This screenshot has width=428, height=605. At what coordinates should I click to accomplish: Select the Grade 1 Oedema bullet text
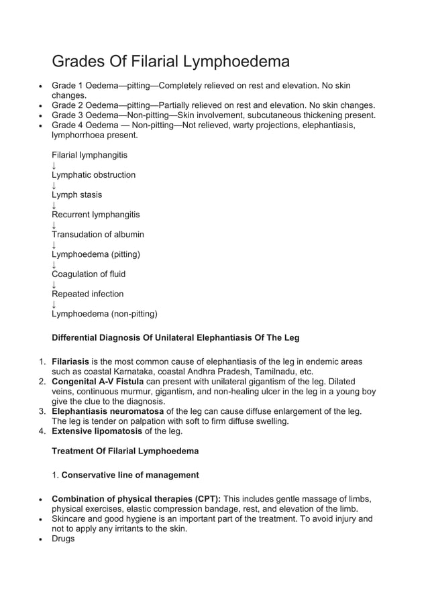(201, 87)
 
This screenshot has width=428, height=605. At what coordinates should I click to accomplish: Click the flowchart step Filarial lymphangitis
(89, 155)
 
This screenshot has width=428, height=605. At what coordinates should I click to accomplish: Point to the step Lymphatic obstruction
(93, 175)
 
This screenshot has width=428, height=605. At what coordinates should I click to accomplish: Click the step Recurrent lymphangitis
(95, 215)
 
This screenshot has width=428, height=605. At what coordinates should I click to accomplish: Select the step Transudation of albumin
(97, 235)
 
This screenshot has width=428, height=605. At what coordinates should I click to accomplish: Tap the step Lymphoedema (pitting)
(96, 254)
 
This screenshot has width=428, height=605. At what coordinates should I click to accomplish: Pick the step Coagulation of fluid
(89, 274)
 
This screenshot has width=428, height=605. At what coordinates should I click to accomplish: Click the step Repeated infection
(87, 294)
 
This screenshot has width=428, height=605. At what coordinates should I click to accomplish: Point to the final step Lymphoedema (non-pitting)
(104, 313)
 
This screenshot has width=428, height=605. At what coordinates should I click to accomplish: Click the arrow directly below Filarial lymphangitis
(54, 165)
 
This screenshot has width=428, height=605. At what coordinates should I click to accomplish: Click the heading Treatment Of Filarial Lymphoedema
(125, 451)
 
